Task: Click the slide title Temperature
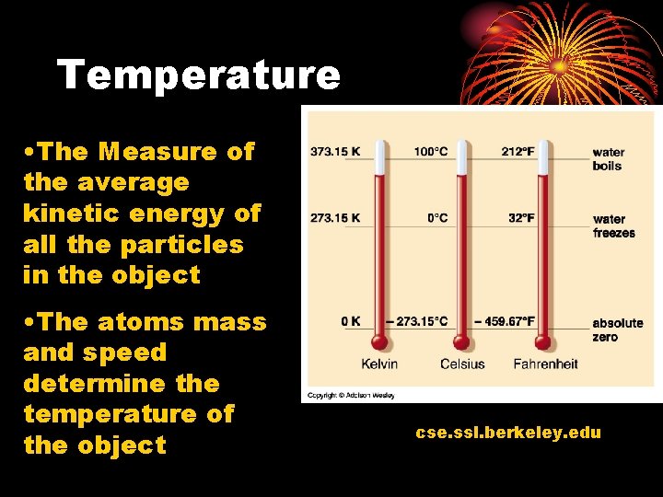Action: (199, 75)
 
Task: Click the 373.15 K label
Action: (336, 152)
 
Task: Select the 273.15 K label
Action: (336, 218)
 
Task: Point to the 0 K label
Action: (350, 321)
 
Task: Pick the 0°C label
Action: (437, 218)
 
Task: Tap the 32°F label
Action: (521, 218)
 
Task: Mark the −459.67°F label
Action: (504, 321)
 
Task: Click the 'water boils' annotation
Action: (608, 159)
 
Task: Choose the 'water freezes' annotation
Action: (613, 225)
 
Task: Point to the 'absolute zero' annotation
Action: (617, 329)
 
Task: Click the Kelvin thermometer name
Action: (380, 364)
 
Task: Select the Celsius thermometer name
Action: (463, 364)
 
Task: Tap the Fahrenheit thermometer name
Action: (545, 364)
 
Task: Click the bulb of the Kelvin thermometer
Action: (380, 342)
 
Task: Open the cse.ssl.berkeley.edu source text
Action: (508, 432)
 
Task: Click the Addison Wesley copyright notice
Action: (351, 396)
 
